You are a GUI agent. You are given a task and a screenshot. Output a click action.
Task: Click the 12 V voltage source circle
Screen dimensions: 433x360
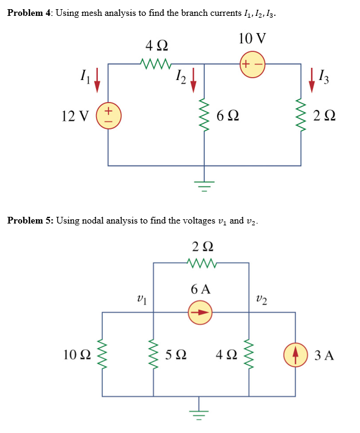pyautogui.click(x=108, y=114)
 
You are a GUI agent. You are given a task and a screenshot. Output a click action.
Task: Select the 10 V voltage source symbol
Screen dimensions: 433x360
pyautogui.click(x=252, y=64)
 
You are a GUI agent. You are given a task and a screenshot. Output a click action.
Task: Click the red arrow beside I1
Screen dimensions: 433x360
pyautogui.click(x=97, y=79)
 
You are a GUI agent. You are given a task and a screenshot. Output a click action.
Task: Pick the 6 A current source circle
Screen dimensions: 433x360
pyautogui.click(x=200, y=313)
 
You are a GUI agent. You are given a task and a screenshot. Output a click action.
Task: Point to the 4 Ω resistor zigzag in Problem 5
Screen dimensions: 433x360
pyautogui.click(x=249, y=354)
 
